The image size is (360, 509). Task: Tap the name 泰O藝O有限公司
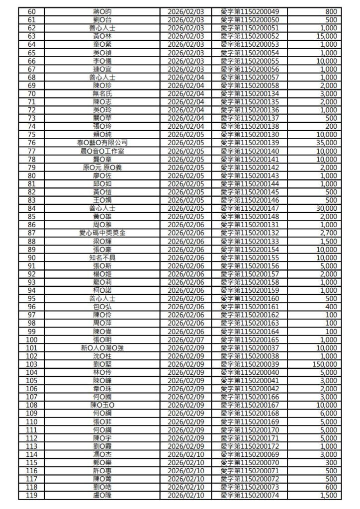click(x=102, y=143)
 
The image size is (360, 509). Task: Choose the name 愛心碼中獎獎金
click(x=102, y=232)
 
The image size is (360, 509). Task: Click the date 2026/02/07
click(x=186, y=339)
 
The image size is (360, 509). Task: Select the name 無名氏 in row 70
click(x=102, y=93)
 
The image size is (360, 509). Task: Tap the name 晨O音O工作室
click(x=102, y=151)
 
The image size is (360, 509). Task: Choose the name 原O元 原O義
click(x=102, y=167)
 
